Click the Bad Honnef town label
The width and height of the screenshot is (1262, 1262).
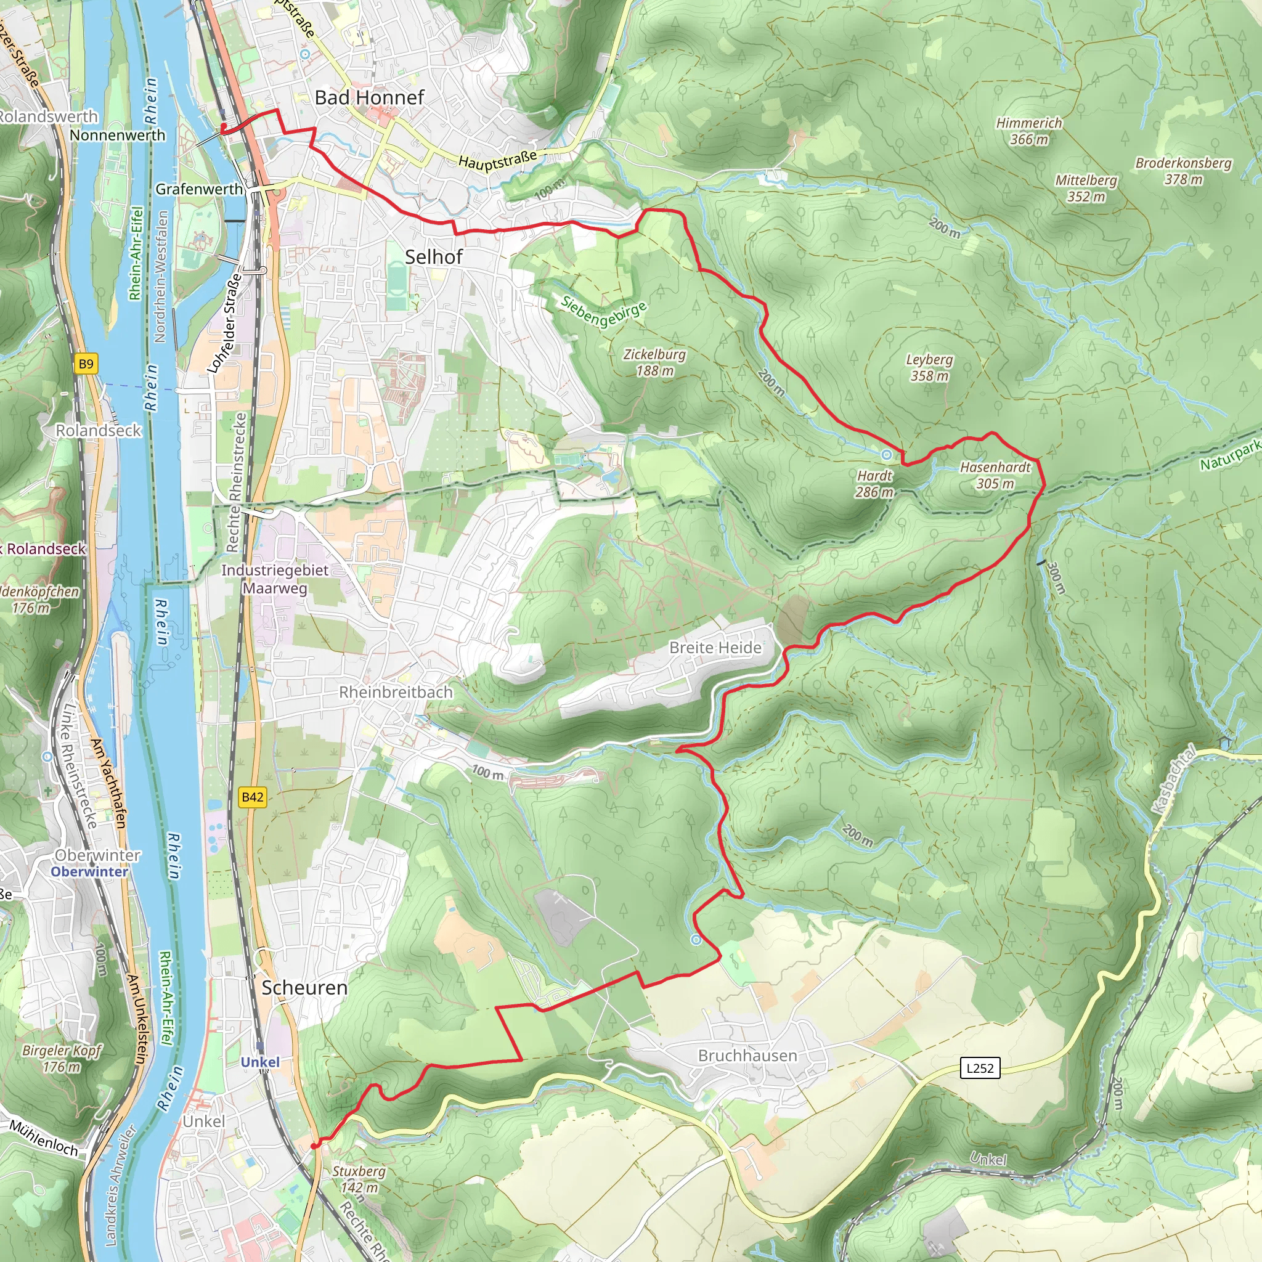pos(369,97)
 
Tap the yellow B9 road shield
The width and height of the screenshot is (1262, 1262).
pos(86,364)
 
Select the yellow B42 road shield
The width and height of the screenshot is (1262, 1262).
pos(252,797)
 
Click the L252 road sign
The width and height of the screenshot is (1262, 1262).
pos(980,1068)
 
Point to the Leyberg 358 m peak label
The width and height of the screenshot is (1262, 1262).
pos(929,367)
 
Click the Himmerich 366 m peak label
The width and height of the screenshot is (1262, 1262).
pos(1029,131)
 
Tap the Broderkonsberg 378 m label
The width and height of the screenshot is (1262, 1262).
pos(1183,171)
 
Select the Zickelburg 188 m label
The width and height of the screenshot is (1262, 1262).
pos(654,362)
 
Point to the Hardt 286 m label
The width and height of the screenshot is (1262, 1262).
pos(874,483)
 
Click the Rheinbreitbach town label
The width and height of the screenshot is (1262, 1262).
pos(395,692)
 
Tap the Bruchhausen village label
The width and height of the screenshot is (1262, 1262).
pos(747,1056)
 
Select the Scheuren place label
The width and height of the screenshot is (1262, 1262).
pos(304,988)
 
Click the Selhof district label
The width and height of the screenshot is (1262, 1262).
pos(434,257)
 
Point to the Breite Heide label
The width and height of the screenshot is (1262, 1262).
pos(715,648)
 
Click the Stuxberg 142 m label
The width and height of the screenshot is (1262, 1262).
pos(359,1179)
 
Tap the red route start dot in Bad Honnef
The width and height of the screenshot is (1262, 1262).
pos(224,127)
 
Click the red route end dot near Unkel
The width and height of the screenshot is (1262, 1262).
pos(314,1146)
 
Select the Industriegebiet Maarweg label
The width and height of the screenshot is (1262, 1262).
pos(275,579)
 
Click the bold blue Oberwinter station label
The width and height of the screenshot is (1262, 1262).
pos(89,871)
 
